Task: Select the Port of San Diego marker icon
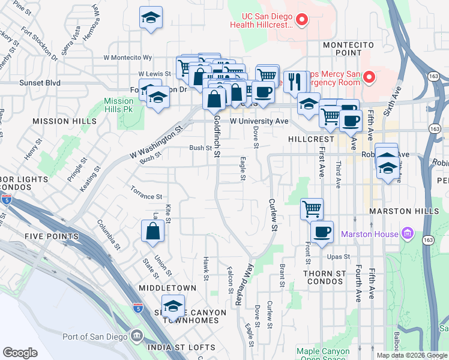point(136,334)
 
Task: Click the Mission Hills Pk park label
point(118,106)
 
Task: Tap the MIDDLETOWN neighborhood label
point(167,288)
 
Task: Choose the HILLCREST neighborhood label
point(311,139)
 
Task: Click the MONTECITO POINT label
point(348,49)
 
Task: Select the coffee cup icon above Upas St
point(322,233)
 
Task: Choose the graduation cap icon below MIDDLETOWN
point(173,307)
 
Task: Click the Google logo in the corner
point(20,353)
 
